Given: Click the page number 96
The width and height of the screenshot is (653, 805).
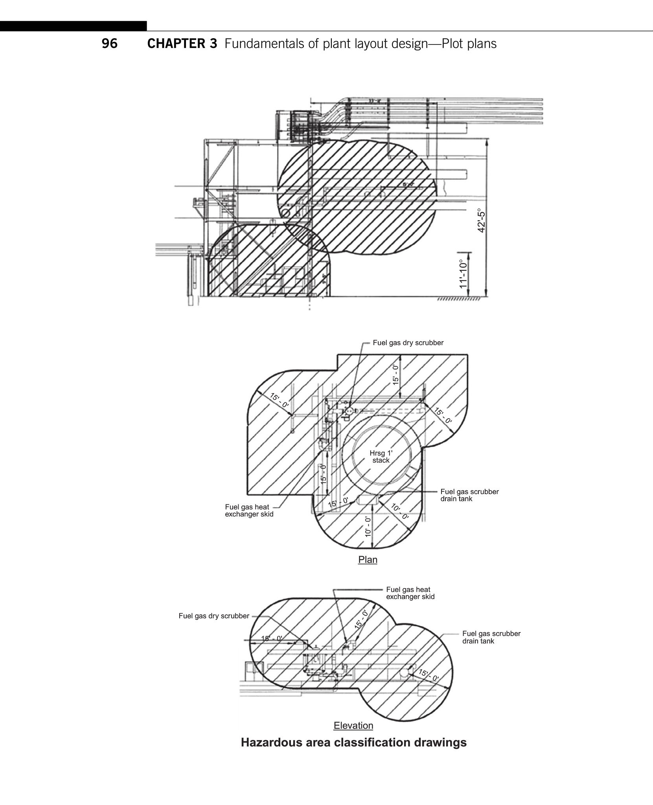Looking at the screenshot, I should [x=109, y=43].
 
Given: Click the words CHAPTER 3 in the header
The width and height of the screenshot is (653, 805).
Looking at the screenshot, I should [x=182, y=43].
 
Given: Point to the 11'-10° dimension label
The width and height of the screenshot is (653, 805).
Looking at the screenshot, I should [x=464, y=274].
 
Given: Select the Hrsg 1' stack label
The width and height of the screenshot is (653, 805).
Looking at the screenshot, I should [x=381, y=457].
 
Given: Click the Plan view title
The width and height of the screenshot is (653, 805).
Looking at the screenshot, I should [x=368, y=560].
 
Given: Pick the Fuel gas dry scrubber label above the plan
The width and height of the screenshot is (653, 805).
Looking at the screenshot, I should [x=408, y=343].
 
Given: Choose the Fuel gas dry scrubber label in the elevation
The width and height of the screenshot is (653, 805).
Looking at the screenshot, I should [x=214, y=616].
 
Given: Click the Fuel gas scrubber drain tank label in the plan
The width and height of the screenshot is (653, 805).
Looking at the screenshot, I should [x=469, y=495].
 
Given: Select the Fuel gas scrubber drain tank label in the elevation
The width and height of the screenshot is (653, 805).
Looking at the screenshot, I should [x=491, y=637].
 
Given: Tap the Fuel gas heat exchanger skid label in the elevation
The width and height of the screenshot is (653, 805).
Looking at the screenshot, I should [x=410, y=593].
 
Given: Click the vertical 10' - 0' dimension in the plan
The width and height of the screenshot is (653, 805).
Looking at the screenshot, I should [x=368, y=527].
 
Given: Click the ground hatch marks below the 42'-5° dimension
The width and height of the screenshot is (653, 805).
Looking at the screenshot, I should [x=458, y=299].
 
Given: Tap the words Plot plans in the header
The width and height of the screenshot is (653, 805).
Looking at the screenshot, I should [x=469, y=43].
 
